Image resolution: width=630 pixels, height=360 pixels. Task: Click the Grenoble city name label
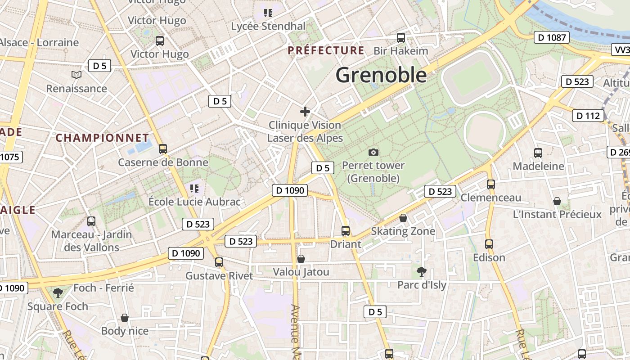[381, 75]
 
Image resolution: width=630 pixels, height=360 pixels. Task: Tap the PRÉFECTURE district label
[326, 50]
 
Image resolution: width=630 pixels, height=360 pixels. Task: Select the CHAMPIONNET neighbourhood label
[102, 138]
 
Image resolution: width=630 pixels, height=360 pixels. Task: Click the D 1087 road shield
[552, 37]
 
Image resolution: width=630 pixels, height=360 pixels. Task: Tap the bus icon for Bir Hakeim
[400, 38]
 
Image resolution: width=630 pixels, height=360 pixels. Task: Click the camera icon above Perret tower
[373, 152]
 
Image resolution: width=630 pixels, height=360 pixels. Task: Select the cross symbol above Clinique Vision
[305, 111]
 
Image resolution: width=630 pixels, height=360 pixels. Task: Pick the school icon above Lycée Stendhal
[268, 13]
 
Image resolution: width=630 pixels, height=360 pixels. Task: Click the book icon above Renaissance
[76, 75]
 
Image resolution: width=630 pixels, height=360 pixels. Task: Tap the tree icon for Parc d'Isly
[422, 271]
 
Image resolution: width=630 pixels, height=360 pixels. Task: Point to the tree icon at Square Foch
[58, 293]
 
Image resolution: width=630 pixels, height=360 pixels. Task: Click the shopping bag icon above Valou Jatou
[301, 259]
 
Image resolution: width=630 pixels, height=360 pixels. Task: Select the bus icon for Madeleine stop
[538, 153]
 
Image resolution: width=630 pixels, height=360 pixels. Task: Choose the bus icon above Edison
[489, 244]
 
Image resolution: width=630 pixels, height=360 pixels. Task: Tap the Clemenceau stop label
[490, 198]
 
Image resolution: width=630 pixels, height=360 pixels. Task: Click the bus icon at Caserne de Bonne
[163, 148]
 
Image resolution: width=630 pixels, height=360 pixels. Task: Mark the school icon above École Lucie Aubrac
[194, 188]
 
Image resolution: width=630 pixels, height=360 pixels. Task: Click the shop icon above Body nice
[125, 318]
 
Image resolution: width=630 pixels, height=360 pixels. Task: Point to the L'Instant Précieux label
[557, 214]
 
